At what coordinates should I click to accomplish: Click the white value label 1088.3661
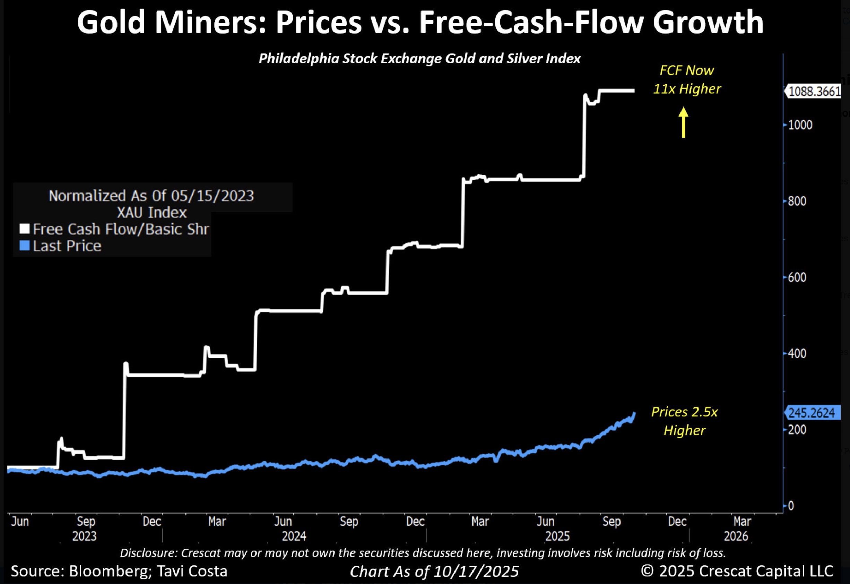pos(814,91)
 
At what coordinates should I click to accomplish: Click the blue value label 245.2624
pos(812,413)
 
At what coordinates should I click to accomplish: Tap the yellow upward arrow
pos(683,122)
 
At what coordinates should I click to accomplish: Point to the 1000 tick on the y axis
pos(800,125)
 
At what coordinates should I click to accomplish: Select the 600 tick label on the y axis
pos(797,277)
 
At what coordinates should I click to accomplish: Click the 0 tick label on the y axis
pos(791,506)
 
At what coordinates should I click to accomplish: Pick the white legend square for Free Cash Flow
pos(25,229)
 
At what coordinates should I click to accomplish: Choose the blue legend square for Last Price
pos(25,246)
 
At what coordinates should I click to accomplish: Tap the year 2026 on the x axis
pos(736,536)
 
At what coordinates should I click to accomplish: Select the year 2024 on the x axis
pos(294,536)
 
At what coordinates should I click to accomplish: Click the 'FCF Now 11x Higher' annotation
pos(686,80)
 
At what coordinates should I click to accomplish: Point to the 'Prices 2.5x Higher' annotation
pos(684,421)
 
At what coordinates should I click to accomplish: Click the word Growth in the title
pos(708,22)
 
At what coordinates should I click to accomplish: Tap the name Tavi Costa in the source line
pos(192,571)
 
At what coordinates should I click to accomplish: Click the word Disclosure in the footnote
pos(148,552)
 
